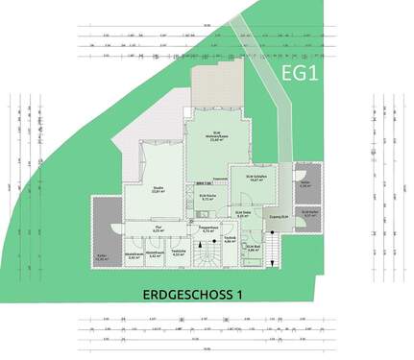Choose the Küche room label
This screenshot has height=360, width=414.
click(209, 199)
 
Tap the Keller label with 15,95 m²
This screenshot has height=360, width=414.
click(103, 257)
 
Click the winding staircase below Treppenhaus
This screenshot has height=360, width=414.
click(207, 256)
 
